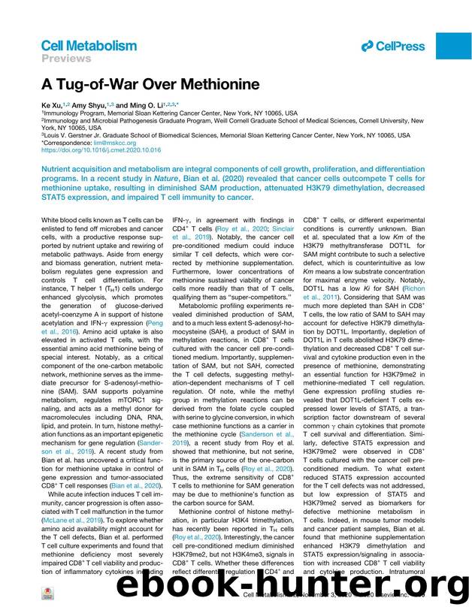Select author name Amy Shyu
pyautogui.click(x=87, y=106)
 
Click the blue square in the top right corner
pyautogui.click(x=454, y=46)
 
